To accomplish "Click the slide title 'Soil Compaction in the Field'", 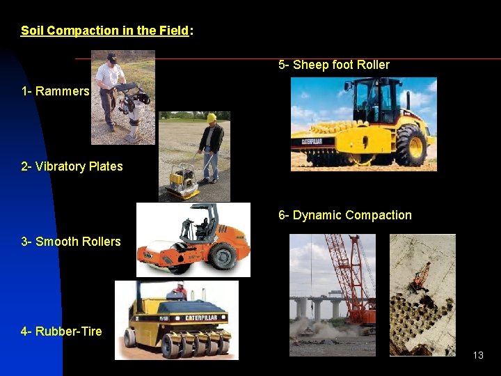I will coord(104,31).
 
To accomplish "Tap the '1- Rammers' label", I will coord(55,91).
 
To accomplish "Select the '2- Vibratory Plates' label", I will coord(72,166).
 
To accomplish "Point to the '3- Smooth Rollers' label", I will coord(71,242).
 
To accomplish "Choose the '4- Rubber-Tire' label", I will coord(61,331).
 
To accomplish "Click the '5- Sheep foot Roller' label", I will coord(333,65).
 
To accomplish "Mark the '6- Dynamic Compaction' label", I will coord(344,215).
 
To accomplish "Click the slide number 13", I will coord(477,355).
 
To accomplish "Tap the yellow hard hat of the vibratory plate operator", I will coord(211,118).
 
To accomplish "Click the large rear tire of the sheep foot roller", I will coord(411,146).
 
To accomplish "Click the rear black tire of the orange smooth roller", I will coord(223,256).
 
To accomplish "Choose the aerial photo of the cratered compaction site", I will coord(422,295).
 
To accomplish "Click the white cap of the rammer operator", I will coord(111,57).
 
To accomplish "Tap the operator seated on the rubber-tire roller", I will coord(180,289).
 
